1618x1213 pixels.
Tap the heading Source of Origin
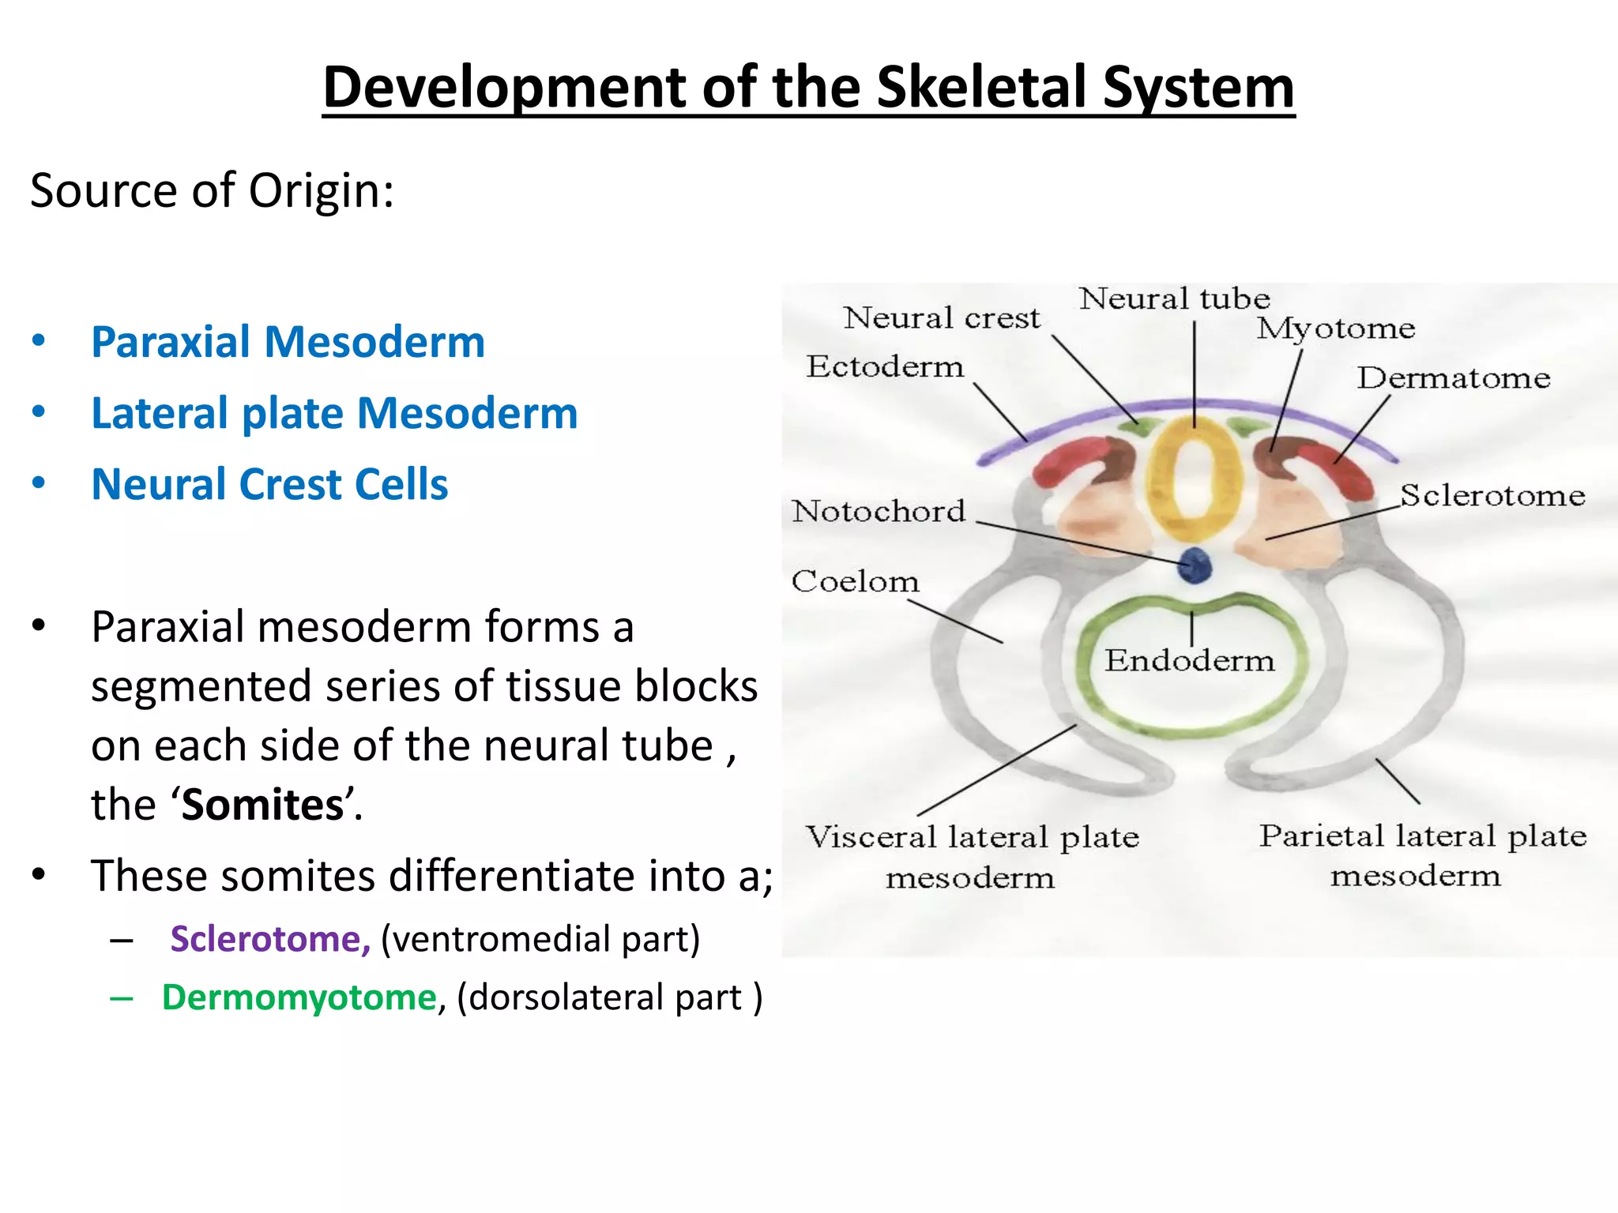point(212,191)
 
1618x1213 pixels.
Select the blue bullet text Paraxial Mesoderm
point(288,342)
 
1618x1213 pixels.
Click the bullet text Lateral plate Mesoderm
point(334,413)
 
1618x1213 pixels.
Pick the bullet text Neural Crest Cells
point(269,484)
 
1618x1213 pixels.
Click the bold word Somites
point(263,805)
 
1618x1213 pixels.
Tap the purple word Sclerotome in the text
point(269,939)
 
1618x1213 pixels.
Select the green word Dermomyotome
point(299,997)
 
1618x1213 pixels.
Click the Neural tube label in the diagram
point(1175,299)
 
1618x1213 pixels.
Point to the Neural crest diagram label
point(942,317)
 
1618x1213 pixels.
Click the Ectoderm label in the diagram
point(885,366)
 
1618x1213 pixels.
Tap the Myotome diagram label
point(1336,328)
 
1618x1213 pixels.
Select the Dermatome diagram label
point(1454,377)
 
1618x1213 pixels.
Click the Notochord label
point(879,511)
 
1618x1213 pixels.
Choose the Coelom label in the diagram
point(856,581)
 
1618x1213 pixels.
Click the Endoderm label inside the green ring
point(1190,660)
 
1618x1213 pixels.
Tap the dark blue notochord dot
point(1195,565)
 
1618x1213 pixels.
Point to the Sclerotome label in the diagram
point(1492,495)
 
